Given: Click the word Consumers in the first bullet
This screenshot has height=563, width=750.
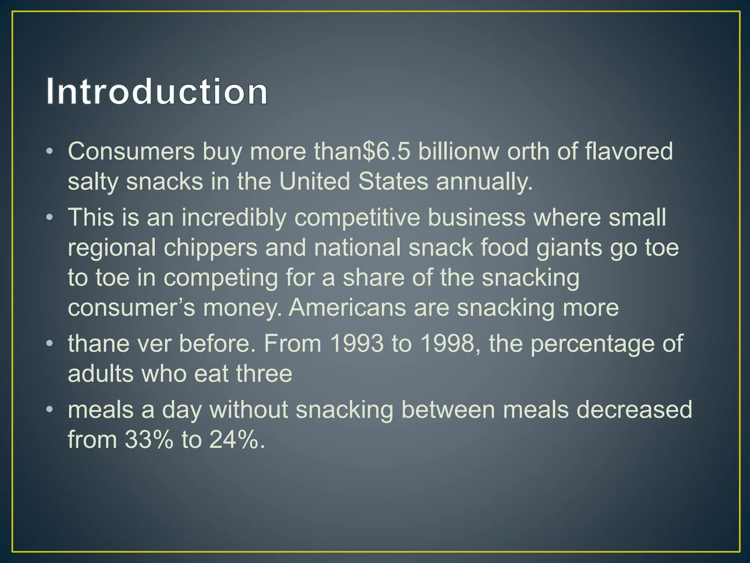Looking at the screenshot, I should (x=131, y=151).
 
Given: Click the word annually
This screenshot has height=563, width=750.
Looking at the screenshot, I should (x=484, y=182).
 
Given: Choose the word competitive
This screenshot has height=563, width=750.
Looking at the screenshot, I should (x=357, y=218).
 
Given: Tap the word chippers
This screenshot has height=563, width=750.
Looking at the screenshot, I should (x=210, y=248).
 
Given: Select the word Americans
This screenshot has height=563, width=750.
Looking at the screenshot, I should (x=347, y=308).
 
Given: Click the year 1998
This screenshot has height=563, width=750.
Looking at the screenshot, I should (x=447, y=344).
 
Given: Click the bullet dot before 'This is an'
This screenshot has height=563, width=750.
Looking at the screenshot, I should (x=50, y=218).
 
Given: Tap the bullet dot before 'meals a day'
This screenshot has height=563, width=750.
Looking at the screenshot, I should (x=50, y=410).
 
